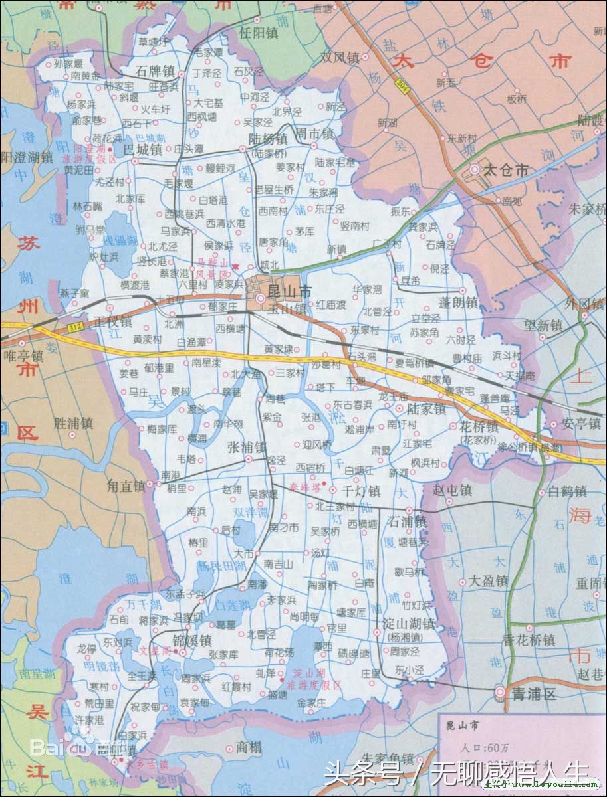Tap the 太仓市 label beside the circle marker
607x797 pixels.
point(505,171)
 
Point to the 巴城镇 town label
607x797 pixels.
point(143,150)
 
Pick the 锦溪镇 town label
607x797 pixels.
point(192,641)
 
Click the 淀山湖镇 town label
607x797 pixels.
point(409,624)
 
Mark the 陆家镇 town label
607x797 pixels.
point(426,410)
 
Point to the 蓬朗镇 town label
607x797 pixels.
point(459,302)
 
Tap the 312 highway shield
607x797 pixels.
point(74,327)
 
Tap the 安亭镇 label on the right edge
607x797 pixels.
point(580,422)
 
